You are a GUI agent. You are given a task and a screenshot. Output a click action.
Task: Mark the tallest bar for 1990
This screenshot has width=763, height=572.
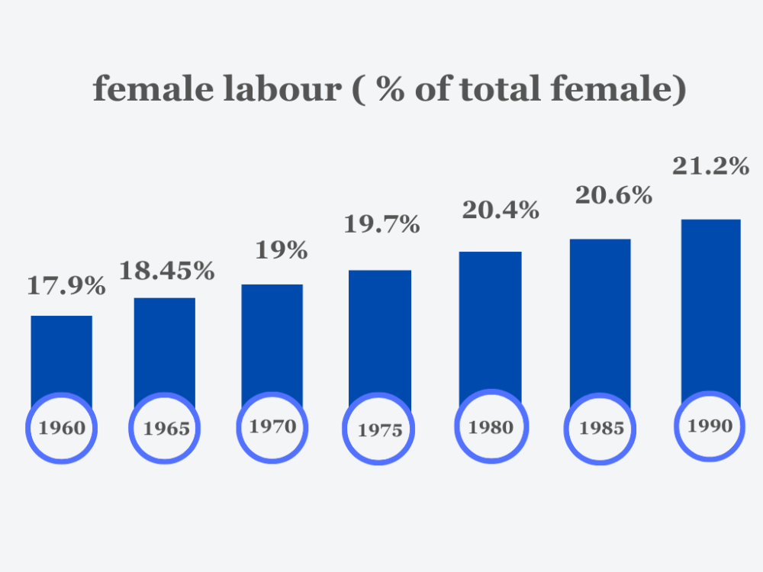tap(710, 305)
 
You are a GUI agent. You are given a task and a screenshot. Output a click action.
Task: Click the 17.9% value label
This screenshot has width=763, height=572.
tap(66, 286)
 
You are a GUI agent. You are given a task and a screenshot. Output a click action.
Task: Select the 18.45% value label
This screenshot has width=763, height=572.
tap(167, 270)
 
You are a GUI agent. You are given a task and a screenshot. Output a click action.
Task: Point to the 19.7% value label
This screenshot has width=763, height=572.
tap(381, 224)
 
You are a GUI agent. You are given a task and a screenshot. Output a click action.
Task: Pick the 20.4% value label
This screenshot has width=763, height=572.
tap(501, 210)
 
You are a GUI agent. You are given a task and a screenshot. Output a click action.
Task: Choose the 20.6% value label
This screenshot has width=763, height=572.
tap(613, 195)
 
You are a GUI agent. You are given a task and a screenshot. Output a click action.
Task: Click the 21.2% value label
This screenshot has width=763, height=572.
tap(710, 166)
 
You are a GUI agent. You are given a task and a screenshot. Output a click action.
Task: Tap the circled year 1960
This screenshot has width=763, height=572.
tap(62, 428)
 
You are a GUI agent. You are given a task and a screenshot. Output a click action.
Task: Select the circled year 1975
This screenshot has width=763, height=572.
tap(380, 430)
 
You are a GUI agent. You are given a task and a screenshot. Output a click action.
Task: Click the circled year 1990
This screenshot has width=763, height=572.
tap(710, 426)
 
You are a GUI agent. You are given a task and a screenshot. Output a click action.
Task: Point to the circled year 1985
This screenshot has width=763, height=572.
tap(600, 429)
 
